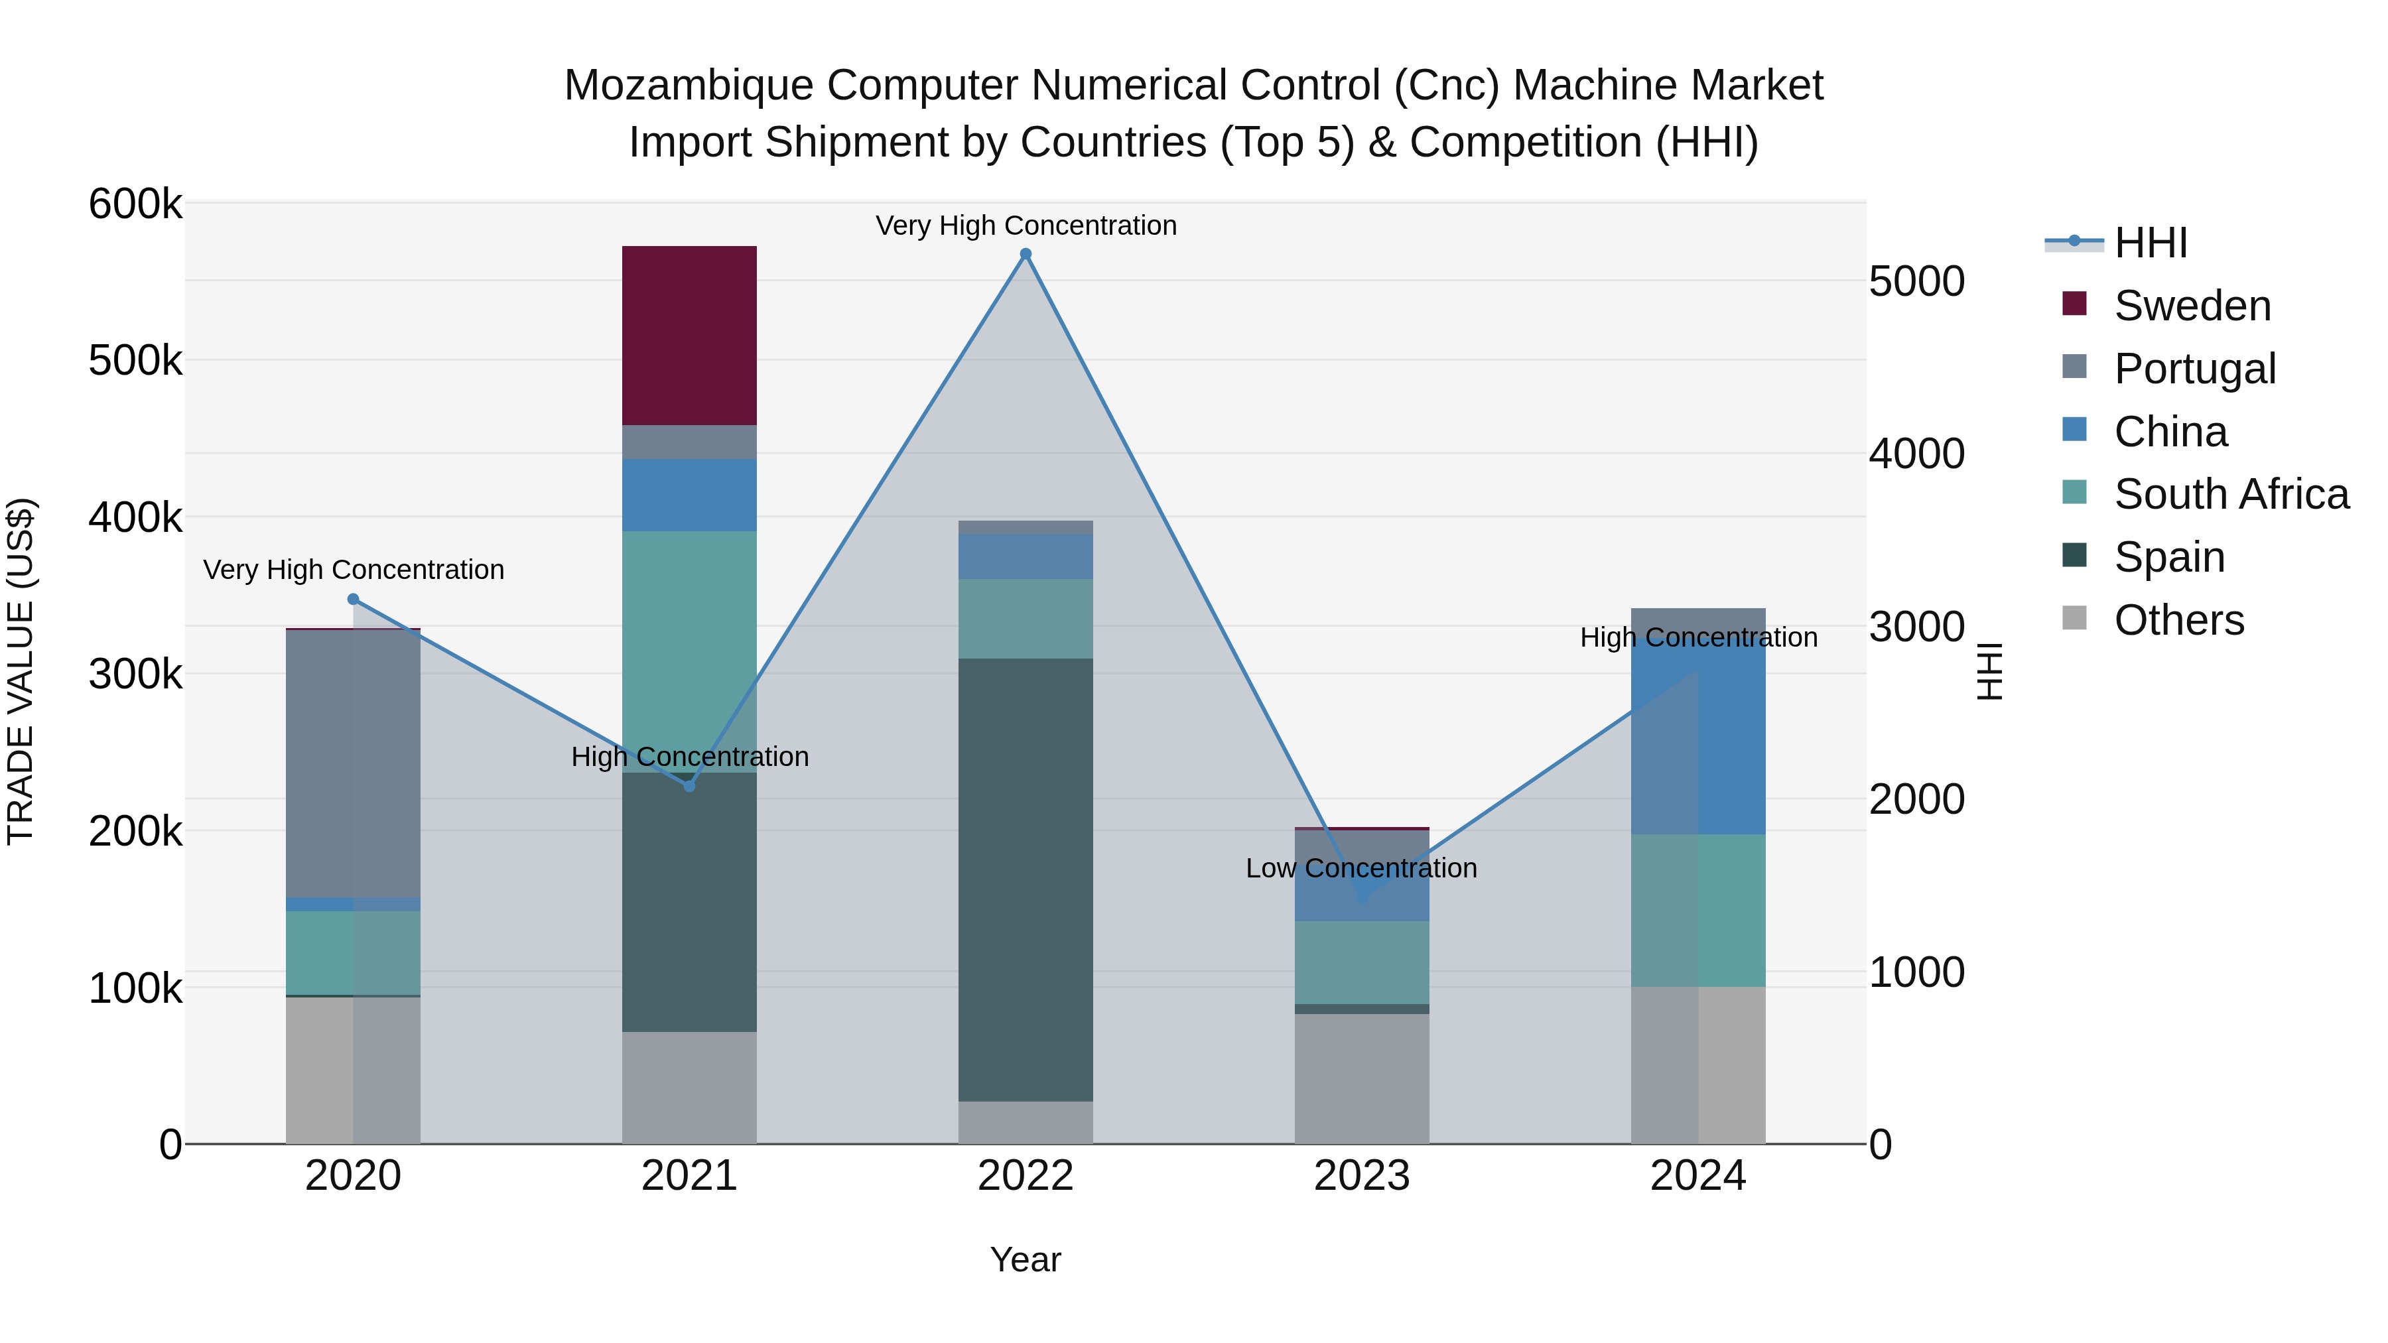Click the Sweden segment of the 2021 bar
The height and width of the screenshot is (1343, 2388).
pyautogui.click(x=689, y=336)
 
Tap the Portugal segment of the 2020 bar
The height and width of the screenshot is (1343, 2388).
pyautogui.click(x=352, y=763)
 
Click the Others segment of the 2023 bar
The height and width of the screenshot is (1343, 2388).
pyautogui.click(x=1361, y=1078)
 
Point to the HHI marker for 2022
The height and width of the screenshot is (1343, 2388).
pyautogui.click(x=1026, y=254)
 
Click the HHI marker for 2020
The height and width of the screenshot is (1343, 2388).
pyautogui.click(x=353, y=600)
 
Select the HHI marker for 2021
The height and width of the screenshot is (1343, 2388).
pyautogui.click(x=689, y=786)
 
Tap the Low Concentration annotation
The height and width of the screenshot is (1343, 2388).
pyautogui.click(x=1361, y=868)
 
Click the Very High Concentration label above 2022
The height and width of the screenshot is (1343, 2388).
pyautogui.click(x=1026, y=226)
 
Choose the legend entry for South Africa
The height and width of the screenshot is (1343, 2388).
pyautogui.click(x=2230, y=494)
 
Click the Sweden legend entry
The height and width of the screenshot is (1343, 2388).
pyautogui.click(x=2192, y=306)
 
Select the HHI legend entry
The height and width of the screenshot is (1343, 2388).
pyautogui.click(x=2150, y=243)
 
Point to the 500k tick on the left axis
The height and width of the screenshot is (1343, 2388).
pyautogui.click(x=135, y=361)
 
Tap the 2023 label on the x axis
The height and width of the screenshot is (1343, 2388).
pyautogui.click(x=1361, y=1176)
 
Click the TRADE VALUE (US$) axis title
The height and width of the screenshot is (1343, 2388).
pyautogui.click(x=21, y=671)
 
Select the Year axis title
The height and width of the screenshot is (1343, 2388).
pyautogui.click(x=1026, y=1259)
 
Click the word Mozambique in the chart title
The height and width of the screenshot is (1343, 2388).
pyautogui.click(x=689, y=86)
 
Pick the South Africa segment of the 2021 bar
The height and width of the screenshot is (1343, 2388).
pyautogui.click(x=689, y=651)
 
